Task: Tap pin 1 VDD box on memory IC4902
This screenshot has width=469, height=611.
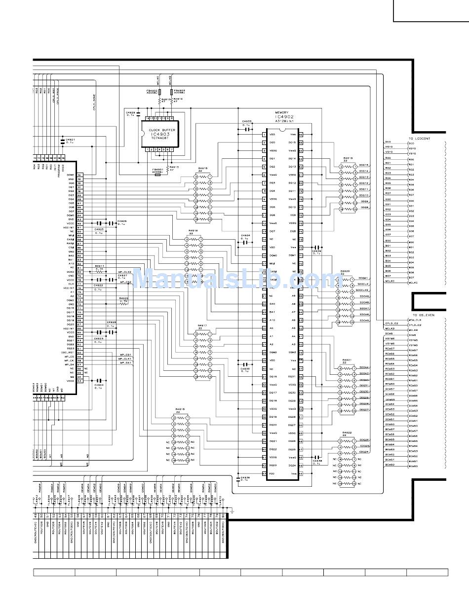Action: [265, 134]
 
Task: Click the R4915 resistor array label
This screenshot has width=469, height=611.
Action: [202, 168]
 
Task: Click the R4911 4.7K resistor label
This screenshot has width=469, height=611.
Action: [100, 266]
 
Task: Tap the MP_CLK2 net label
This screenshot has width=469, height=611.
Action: [124, 272]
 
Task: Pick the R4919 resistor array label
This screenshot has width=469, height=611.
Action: [348, 159]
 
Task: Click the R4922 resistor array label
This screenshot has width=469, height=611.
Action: [348, 432]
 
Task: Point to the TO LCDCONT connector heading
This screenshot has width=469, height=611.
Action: [419, 139]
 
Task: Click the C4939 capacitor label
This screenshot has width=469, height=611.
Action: [316, 252]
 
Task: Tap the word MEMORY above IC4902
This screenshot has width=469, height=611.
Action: [282, 112]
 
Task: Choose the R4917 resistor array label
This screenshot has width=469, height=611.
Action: [202, 326]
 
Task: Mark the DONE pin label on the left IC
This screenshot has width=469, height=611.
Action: [71, 175]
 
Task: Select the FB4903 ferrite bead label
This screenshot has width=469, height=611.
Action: [179, 91]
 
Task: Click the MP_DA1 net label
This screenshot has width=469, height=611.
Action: [125, 362]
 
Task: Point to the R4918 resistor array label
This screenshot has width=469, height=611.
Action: [180, 409]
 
